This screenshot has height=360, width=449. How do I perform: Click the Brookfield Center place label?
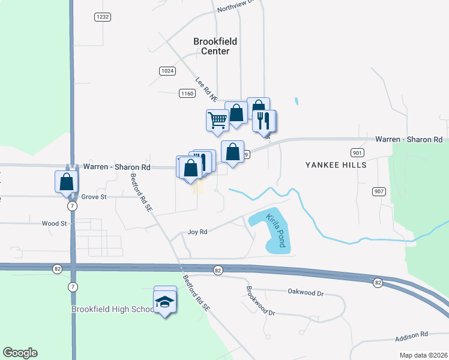[x=215, y=46]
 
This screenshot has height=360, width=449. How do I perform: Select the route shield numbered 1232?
[x=103, y=17]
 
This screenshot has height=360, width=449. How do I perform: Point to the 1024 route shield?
[x=167, y=71]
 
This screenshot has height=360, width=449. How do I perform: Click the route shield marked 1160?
[x=187, y=93]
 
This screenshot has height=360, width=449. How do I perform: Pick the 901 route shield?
[x=357, y=152]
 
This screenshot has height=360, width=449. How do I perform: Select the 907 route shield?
[x=379, y=191]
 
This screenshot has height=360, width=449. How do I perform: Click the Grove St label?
[x=94, y=196]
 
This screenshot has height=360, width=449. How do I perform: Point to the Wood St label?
[x=54, y=223]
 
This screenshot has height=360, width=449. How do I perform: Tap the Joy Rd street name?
[x=197, y=232]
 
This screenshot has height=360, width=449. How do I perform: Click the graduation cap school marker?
[x=165, y=301]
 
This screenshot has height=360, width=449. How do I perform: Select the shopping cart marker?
[x=217, y=119]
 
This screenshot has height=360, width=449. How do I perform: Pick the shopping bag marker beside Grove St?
[x=67, y=181]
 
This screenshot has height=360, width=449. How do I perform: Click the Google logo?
[x=20, y=353]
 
